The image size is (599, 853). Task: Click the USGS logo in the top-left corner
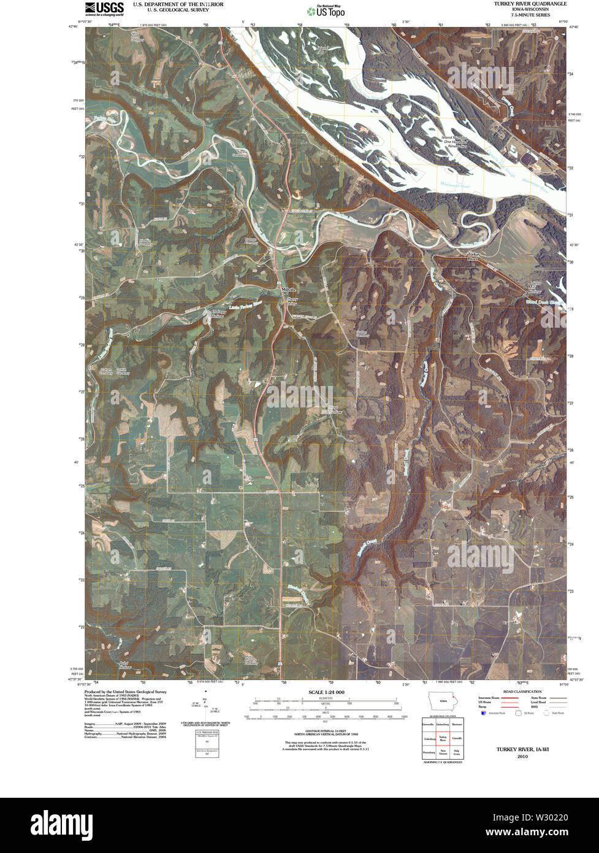coord(104,7)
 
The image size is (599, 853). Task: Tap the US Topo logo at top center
coord(326,10)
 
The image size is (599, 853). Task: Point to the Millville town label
coord(288,289)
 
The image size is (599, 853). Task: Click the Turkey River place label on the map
coord(473,257)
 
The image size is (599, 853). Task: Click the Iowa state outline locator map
coord(442,701)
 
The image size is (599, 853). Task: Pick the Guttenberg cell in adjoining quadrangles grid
coord(443,725)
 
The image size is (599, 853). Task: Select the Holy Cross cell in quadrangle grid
coord(457,751)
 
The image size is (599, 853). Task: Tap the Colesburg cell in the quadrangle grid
coord(429,738)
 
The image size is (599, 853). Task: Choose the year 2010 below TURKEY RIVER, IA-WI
coord(522,757)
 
